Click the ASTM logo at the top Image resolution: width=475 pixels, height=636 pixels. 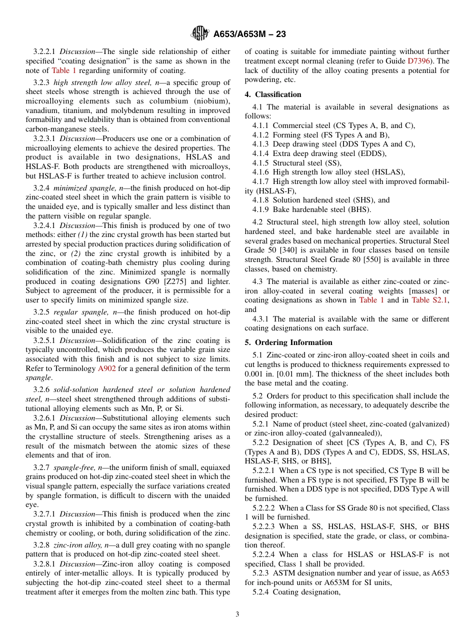tap(200, 34)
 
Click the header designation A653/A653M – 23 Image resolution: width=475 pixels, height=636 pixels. tap(249, 34)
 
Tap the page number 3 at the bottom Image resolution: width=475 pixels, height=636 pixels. tap(237, 614)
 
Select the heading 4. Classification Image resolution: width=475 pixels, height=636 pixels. tap(273, 94)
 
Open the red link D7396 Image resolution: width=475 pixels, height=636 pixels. tap(421, 61)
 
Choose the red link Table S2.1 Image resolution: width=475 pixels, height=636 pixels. tap(430, 300)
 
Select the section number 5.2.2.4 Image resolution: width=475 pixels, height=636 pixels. tap(265, 554)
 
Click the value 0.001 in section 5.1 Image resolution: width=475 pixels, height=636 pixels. tap(254, 374)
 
